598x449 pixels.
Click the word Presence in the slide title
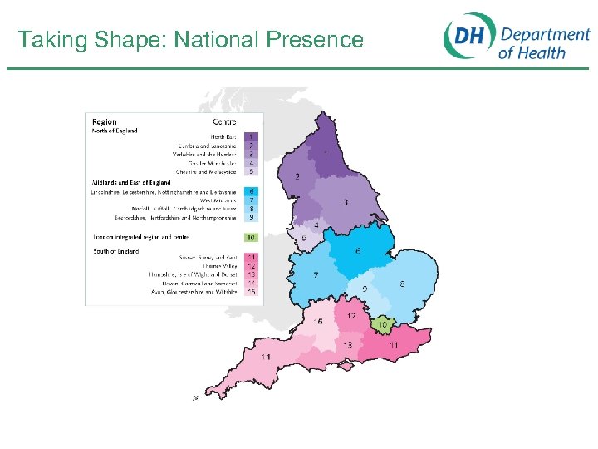316,40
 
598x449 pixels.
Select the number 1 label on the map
326,154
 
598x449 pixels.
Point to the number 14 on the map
266,358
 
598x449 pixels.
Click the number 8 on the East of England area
402,284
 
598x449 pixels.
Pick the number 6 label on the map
358,251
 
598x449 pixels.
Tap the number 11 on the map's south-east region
395,345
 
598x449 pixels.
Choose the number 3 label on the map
346,202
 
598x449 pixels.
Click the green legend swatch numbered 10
252,237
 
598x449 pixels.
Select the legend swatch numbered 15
252,292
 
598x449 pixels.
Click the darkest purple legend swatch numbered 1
252,136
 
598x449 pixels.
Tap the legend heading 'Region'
105,122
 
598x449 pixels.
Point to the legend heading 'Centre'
224,122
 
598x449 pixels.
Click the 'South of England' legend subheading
116,251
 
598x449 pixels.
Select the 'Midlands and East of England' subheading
131,183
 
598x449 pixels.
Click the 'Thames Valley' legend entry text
218,266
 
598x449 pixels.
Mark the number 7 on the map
316,275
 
